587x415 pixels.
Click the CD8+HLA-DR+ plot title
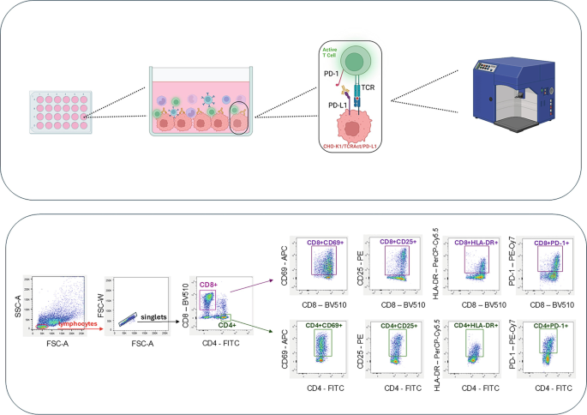click(x=472, y=243)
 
